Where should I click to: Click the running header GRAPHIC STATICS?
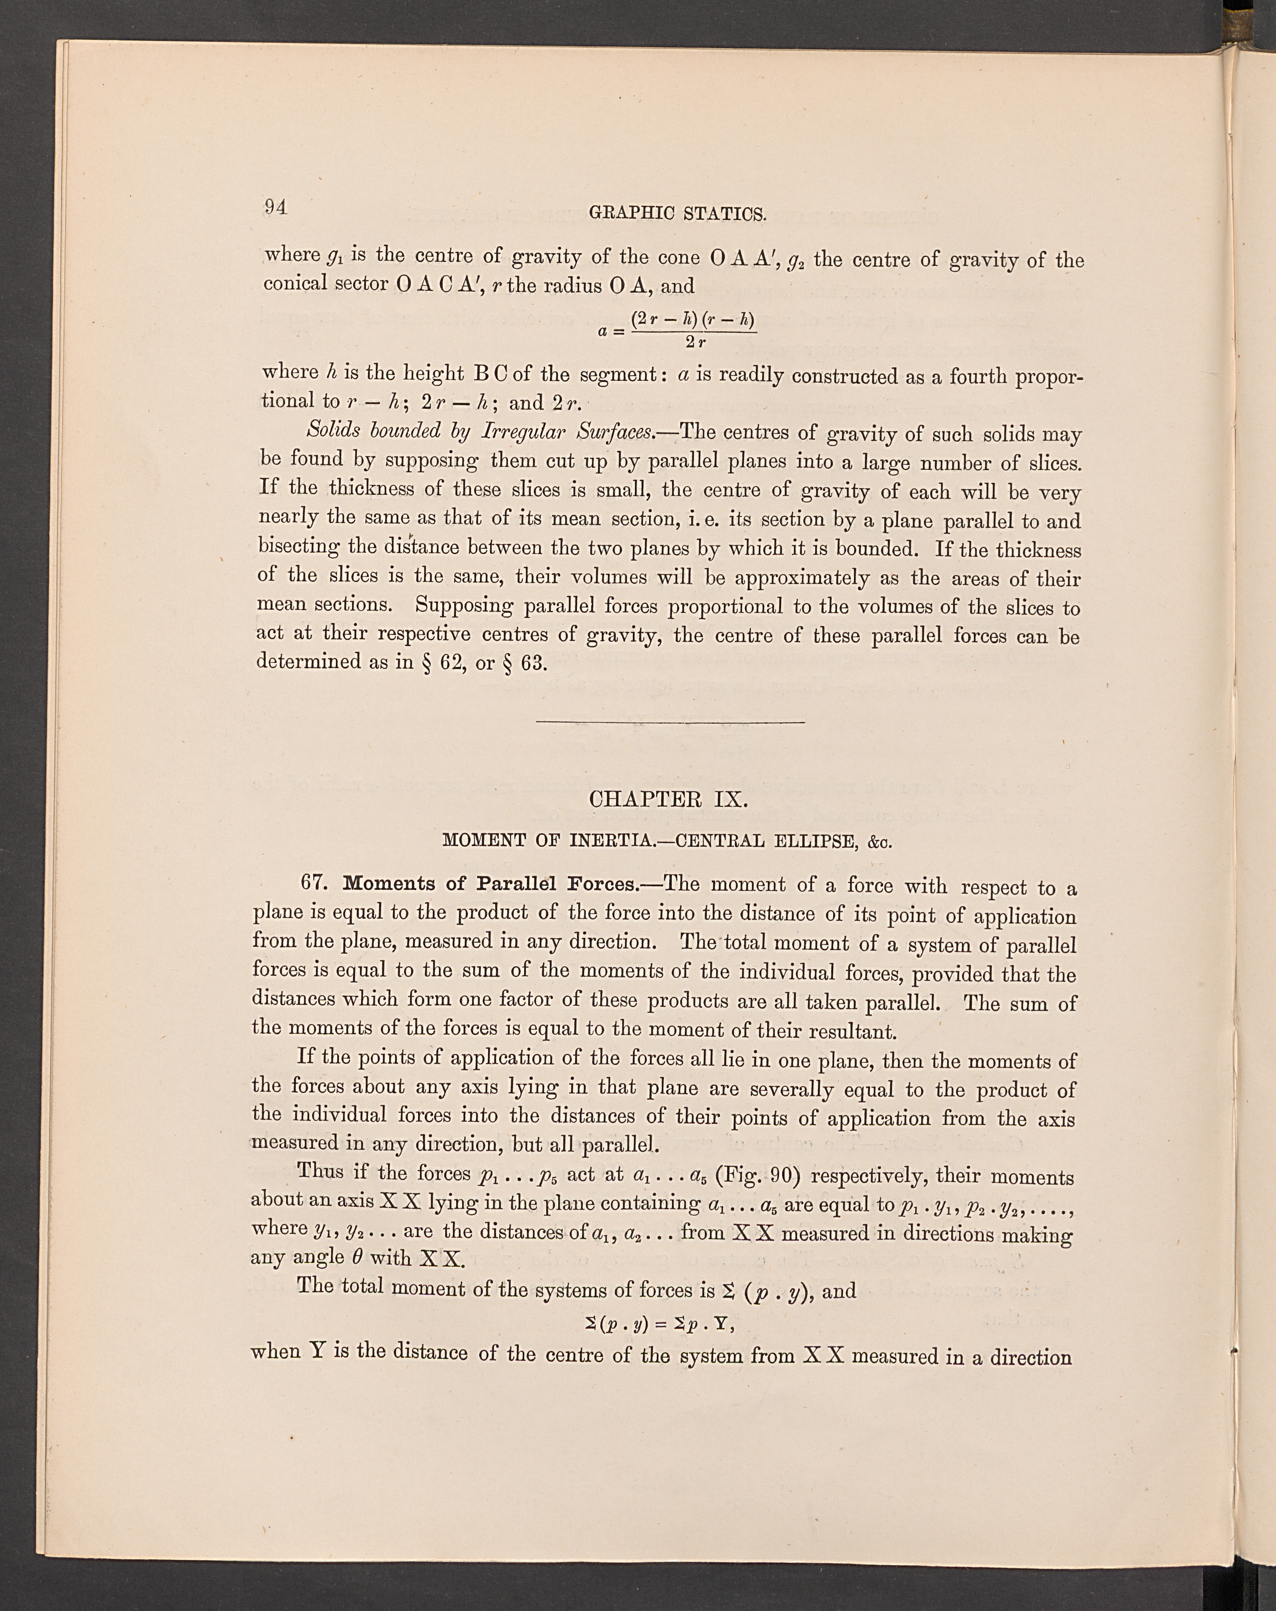coord(678,215)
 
